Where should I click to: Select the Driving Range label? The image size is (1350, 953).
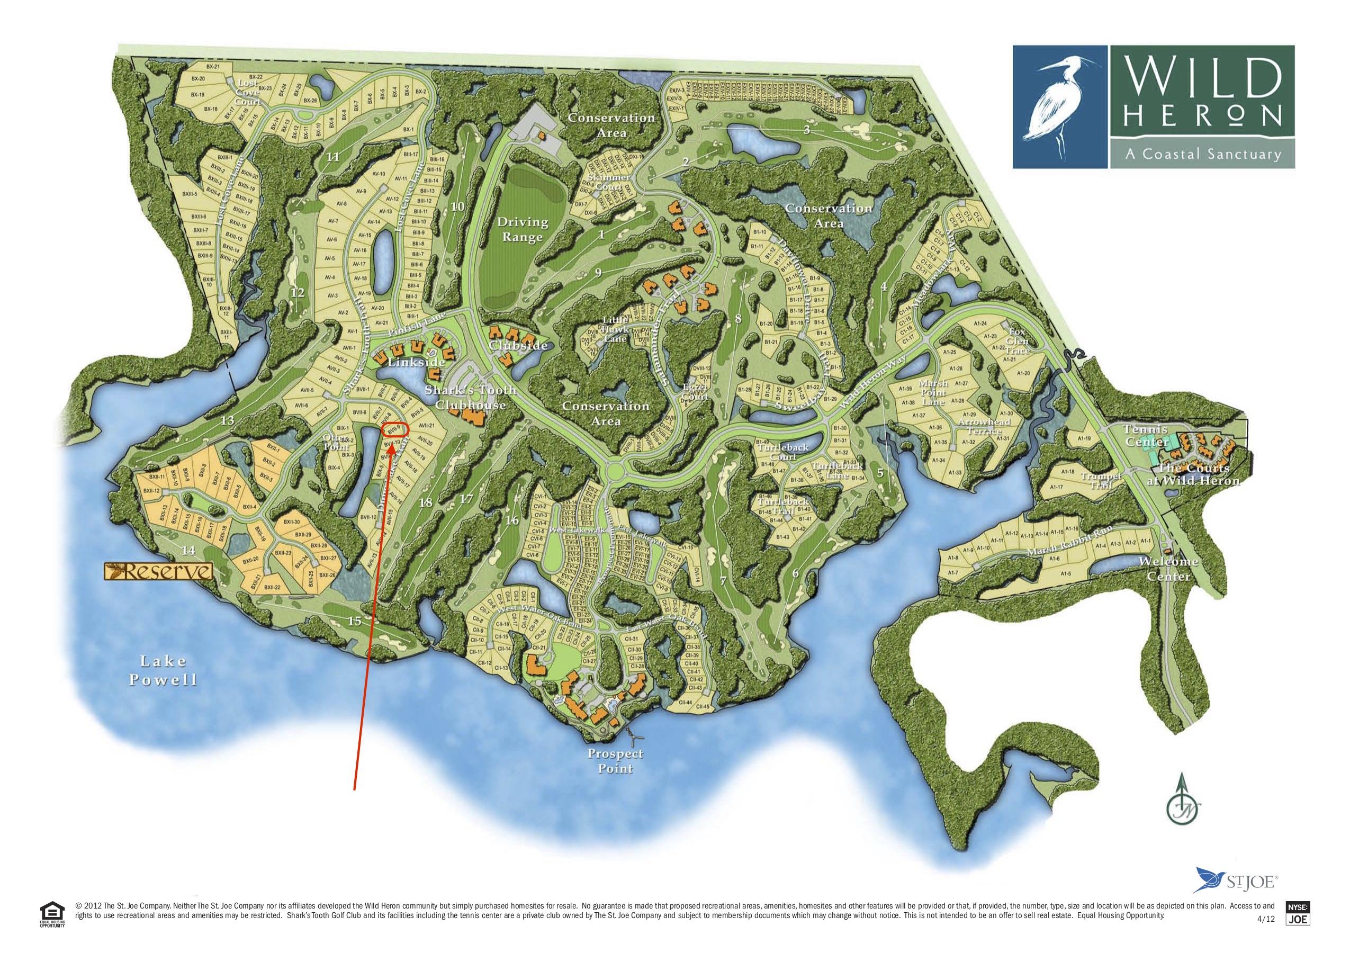pyautogui.click(x=522, y=230)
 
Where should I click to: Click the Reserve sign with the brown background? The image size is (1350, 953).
pyautogui.click(x=158, y=571)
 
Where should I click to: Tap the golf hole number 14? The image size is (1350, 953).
pyautogui.click(x=188, y=551)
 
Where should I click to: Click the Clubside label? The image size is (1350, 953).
pyautogui.click(x=518, y=346)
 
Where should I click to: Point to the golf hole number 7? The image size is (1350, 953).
pyautogui.click(x=723, y=581)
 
